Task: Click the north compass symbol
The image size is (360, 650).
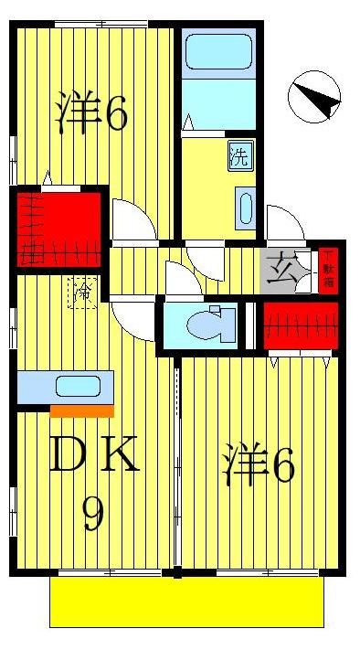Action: coord(315,95)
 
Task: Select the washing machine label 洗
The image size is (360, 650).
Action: coord(238,156)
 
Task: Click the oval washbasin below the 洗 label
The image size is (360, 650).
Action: coord(245,208)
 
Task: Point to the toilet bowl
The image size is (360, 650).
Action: coord(204,325)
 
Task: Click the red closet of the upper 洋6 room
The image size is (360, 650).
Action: coord(58,228)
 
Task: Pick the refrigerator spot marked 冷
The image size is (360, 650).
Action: coord(83,294)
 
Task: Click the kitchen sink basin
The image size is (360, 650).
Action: coord(71,386)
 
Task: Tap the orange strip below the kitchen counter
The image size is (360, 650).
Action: coord(82,410)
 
